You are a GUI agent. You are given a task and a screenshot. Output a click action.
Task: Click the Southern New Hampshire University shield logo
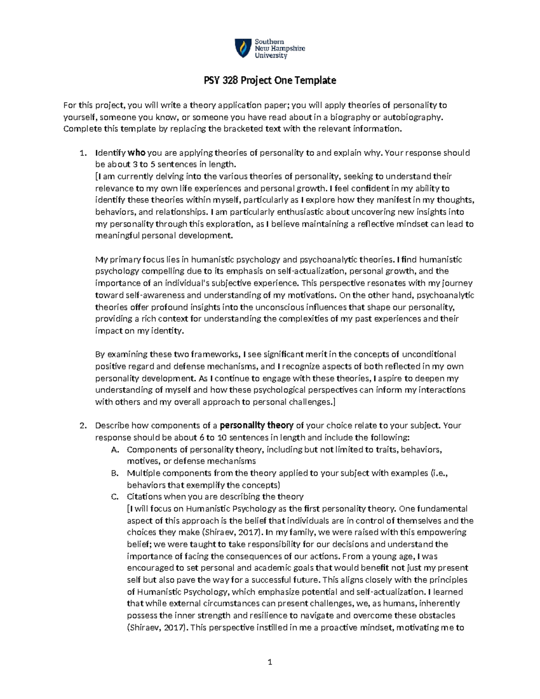coord(242,48)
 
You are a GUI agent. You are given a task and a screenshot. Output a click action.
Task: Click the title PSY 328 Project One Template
coord(268,81)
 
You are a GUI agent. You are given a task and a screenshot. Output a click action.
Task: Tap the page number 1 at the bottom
coord(270,662)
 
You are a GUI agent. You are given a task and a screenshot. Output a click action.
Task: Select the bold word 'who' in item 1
coord(137,153)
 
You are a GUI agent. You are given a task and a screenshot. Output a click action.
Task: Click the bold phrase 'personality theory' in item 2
coord(256,425)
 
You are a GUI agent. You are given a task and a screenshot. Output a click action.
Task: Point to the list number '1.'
coord(82,153)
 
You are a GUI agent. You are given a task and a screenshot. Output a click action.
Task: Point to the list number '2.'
coord(82,425)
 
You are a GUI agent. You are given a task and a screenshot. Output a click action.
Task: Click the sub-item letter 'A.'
coord(115,449)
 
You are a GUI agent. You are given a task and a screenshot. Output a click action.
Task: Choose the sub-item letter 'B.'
coord(115,473)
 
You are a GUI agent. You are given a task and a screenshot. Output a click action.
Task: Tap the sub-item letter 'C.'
coord(115,497)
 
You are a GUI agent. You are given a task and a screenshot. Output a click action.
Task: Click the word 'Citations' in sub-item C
coord(144,497)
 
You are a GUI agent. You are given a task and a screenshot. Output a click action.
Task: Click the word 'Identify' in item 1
coord(111,153)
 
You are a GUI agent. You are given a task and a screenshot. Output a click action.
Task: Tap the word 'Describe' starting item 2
coord(112,425)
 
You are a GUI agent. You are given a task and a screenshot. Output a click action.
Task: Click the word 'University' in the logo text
coord(271,56)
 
